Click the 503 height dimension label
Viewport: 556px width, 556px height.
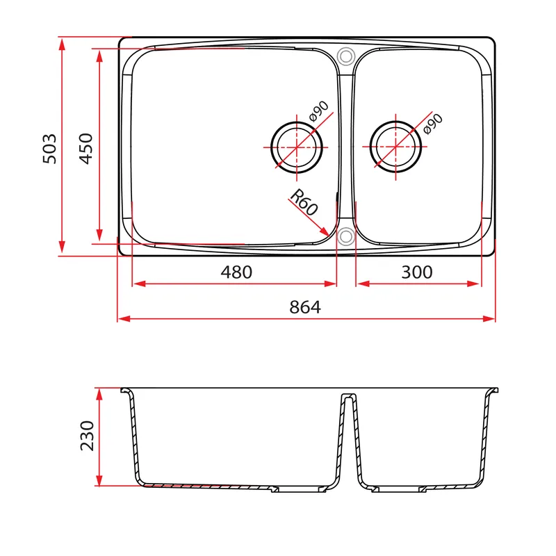point(49,149)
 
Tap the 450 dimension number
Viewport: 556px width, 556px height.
point(85,149)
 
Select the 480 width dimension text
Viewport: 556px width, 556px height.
point(236,272)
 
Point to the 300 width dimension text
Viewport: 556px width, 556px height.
point(417,272)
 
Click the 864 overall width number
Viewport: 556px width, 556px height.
point(305,307)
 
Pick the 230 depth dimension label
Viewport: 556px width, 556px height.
point(88,436)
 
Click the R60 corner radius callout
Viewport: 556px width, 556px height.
point(304,202)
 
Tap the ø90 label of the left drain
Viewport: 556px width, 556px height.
point(319,111)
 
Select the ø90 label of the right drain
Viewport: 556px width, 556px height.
point(433,124)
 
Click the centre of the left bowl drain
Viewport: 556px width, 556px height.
point(297,147)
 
